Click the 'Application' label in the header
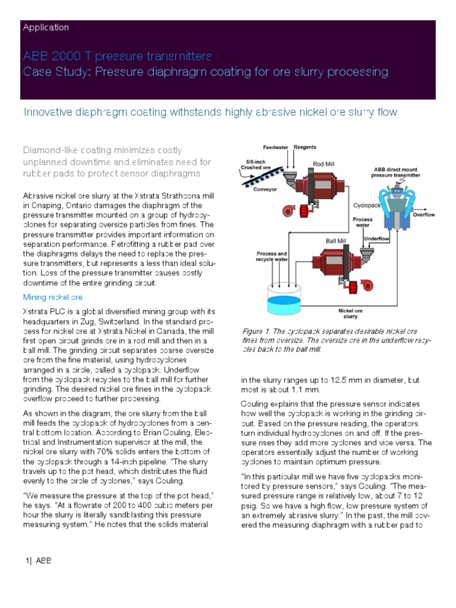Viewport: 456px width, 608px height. [45, 27]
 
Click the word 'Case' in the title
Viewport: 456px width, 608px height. [36, 72]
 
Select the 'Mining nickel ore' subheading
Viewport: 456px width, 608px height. [52, 296]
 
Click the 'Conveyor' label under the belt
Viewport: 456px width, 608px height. [265, 191]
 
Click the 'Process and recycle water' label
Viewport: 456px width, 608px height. [273, 256]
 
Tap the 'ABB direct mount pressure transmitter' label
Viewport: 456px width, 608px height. [395, 172]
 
